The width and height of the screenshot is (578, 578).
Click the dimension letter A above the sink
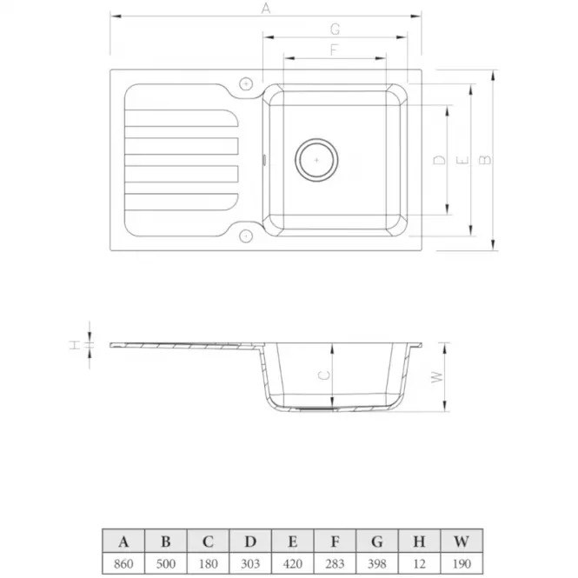coord(266,8)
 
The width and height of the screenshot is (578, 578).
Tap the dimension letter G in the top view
coord(335,30)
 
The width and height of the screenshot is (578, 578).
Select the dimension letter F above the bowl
coord(334,50)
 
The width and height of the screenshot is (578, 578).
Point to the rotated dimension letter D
coord(439,160)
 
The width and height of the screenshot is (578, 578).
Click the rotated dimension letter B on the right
coord(485,160)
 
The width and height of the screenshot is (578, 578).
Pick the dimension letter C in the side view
coord(324,375)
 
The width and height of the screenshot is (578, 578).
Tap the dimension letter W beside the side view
coord(437,377)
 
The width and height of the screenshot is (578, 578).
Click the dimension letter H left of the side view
coord(75,345)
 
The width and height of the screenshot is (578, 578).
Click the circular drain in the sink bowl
coord(316,160)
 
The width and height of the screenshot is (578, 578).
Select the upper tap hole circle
coord(246,84)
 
